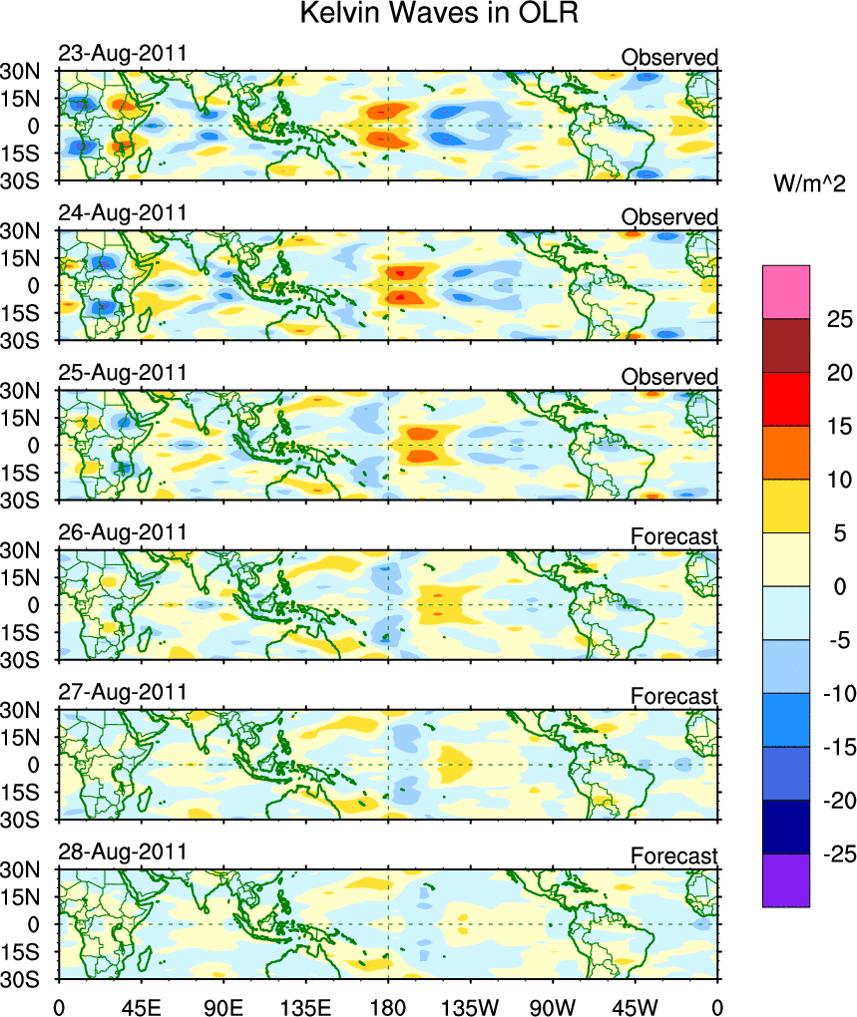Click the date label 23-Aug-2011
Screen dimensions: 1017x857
(x=123, y=54)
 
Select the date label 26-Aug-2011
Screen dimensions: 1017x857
(x=123, y=532)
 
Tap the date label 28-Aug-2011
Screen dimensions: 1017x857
(x=123, y=852)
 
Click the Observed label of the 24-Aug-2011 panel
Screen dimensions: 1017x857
(x=669, y=217)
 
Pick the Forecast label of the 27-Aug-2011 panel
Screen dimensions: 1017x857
(x=673, y=696)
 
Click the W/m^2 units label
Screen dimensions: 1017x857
(x=809, y=184)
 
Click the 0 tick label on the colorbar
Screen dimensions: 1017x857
(x=839, y=587)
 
